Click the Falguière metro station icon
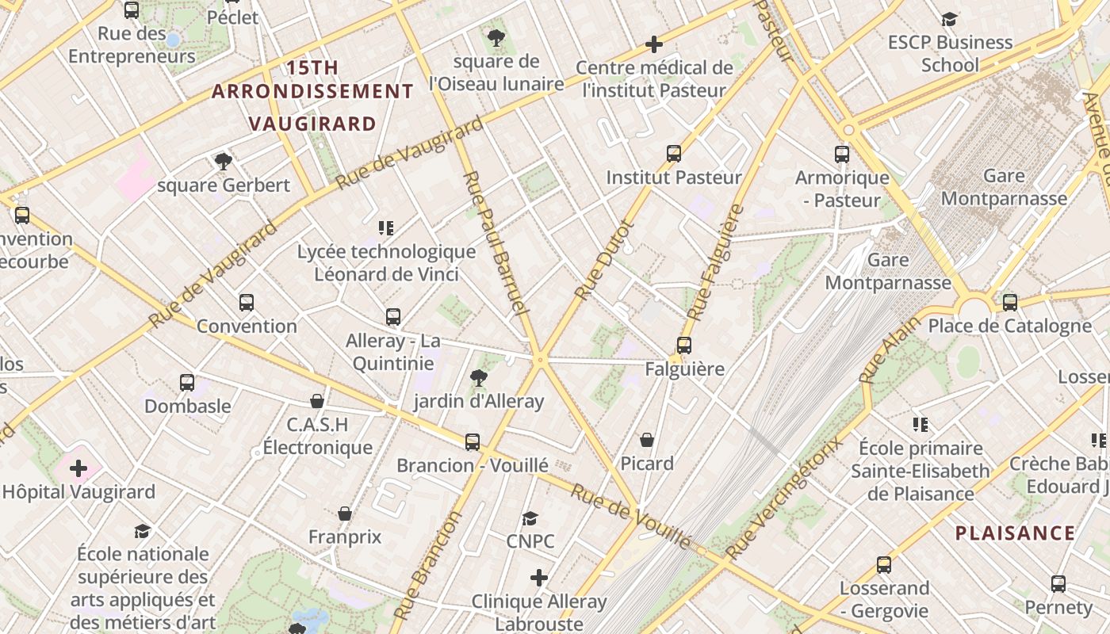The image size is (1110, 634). [x=683, y=346]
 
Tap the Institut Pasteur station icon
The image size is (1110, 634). [x=673, y=154]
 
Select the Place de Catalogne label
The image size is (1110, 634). [x=1009, y=326]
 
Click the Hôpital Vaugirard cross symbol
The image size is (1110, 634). [x=78, y=468]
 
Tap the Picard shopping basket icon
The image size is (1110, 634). [x=647, y=440]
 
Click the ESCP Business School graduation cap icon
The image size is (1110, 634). [x=949, y=19]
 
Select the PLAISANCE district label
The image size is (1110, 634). [x=1015, y=533]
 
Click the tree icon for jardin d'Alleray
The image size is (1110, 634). [x=478, y=378]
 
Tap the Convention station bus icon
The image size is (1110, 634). [x=247, y=303]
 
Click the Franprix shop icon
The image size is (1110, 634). [x=344, y=514]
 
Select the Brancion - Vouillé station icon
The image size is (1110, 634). [x=473, y=442]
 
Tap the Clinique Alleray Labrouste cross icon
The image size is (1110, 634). [x=539, y=578]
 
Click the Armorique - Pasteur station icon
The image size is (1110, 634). [x=841, y=155]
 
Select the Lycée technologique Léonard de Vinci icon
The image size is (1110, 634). [x=386, y=229]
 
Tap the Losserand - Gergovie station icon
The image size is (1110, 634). [x=884, y=565]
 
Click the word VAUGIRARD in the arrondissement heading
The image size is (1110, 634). [x=312, y=124]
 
